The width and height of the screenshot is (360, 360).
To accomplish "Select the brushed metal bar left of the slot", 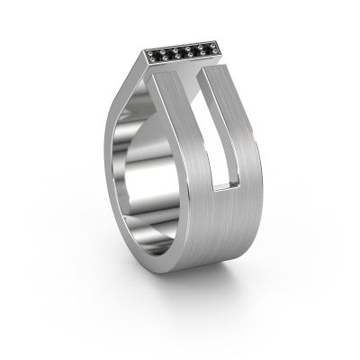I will (x=184, y=135).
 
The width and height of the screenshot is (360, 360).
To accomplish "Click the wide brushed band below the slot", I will (x=211, y=238).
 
